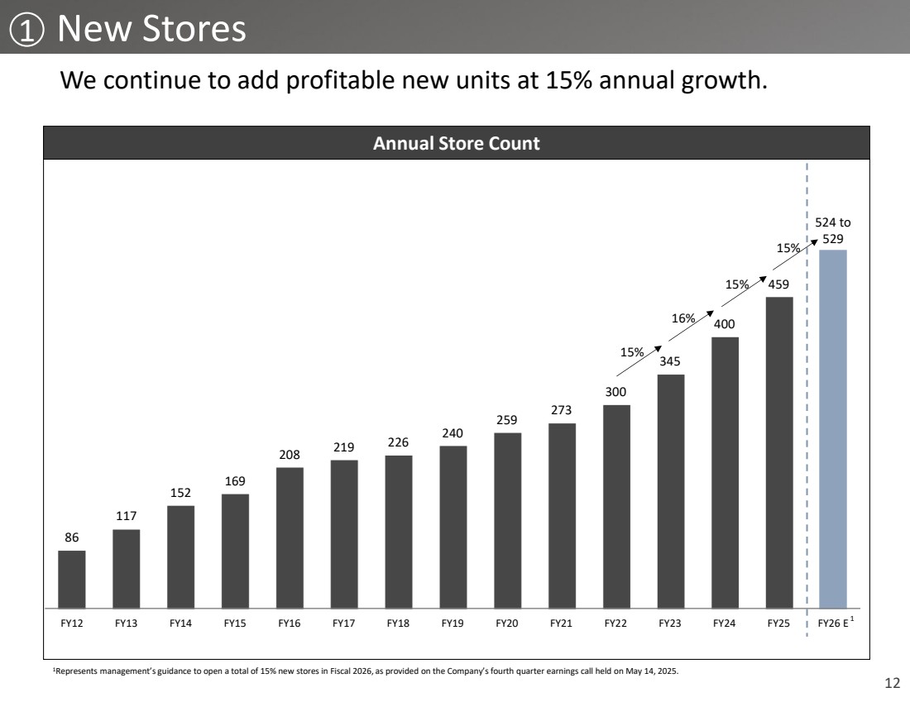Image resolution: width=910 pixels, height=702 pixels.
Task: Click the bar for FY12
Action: coord(72,579)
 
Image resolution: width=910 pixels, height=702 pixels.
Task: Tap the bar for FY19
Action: coord(453,527)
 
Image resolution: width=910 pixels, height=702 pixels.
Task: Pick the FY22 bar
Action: coord(616,506)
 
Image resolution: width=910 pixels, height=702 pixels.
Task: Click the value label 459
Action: coord(779,284)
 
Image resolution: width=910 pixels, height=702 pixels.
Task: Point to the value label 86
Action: coord(72,537)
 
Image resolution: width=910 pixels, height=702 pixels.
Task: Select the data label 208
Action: coord(290,455)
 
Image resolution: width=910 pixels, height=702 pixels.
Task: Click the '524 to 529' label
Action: coord(833,230)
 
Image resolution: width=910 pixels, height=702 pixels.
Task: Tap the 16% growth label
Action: coord(682,318)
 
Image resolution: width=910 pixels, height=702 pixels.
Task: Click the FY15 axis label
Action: coord(235,623)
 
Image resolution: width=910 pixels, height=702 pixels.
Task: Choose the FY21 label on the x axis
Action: coord(562,623)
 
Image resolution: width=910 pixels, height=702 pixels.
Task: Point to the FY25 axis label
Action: coord(779,623)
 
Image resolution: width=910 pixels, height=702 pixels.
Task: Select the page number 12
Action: coord(891,683)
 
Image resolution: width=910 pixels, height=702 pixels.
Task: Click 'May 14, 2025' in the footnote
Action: coord(656,671)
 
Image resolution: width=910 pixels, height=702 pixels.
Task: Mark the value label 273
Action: coord(562,411)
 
